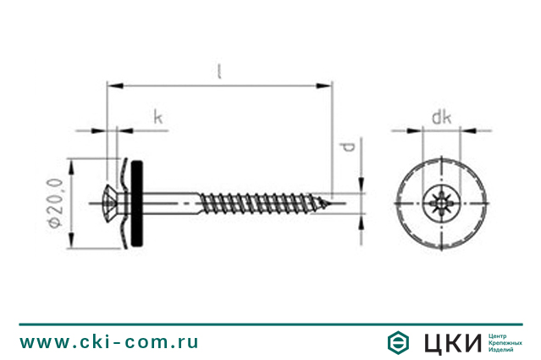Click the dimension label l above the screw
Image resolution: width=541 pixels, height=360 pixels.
click(x=219, y=72)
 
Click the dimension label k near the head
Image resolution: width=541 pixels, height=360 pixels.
click(x=157, y=117)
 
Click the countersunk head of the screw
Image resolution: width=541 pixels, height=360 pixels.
click(x=115, y=202)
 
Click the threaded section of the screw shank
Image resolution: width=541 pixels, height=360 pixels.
click(x=262, y=202)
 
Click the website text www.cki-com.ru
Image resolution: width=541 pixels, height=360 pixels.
click(x=109, y=342)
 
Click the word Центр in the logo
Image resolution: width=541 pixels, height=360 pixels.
click(x=501, y=336)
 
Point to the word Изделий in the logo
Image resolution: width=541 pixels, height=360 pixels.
click(x=505, y=350)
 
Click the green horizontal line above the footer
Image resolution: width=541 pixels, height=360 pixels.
click(x=270, y=324)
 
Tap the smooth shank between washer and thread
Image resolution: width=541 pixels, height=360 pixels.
click(x=174, y=202)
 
